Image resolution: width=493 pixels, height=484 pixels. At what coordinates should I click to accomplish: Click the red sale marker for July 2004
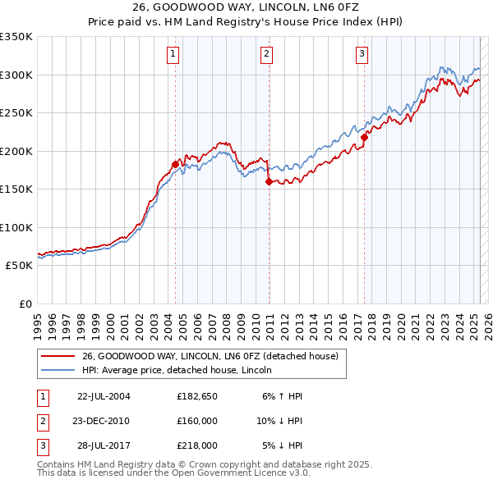click(175, 164)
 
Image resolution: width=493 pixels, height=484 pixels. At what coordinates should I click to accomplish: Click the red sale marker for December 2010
click(269, 182)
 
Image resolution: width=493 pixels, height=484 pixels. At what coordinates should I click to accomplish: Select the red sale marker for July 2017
click(363, 137)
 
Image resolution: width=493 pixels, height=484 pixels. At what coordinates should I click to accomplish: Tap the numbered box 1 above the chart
click(174, 55)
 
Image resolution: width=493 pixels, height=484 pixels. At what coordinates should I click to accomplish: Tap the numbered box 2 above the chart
click(267, 55)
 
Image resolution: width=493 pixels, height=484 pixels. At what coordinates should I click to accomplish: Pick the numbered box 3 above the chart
click(362, 55)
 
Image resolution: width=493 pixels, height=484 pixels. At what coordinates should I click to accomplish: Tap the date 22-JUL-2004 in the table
click(104, 396)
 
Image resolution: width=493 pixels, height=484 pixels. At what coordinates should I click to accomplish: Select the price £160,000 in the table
click(196, 421)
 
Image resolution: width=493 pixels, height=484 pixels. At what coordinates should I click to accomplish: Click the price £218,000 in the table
click(196, 445)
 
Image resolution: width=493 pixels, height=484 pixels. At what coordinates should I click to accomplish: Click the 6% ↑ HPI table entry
click(282, 396)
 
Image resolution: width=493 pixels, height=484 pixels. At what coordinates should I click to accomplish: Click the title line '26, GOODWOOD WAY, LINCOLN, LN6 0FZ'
click(246, 10)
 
